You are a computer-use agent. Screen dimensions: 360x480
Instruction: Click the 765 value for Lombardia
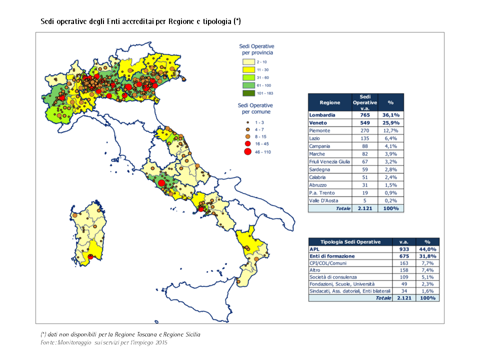click(365, 114)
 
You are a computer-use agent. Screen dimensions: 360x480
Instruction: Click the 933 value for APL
click(404, 248)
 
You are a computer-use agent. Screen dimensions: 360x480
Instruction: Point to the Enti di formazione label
click(332, 256)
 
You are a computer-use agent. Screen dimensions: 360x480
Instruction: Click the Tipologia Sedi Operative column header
click(350, 241)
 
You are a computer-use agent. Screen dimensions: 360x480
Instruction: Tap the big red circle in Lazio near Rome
click(161, 183)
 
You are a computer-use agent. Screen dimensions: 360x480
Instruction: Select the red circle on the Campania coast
click(201, 209)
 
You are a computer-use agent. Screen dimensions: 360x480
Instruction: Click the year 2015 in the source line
click(160, 342)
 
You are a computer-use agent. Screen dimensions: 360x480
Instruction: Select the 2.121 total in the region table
click(365, 208)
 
